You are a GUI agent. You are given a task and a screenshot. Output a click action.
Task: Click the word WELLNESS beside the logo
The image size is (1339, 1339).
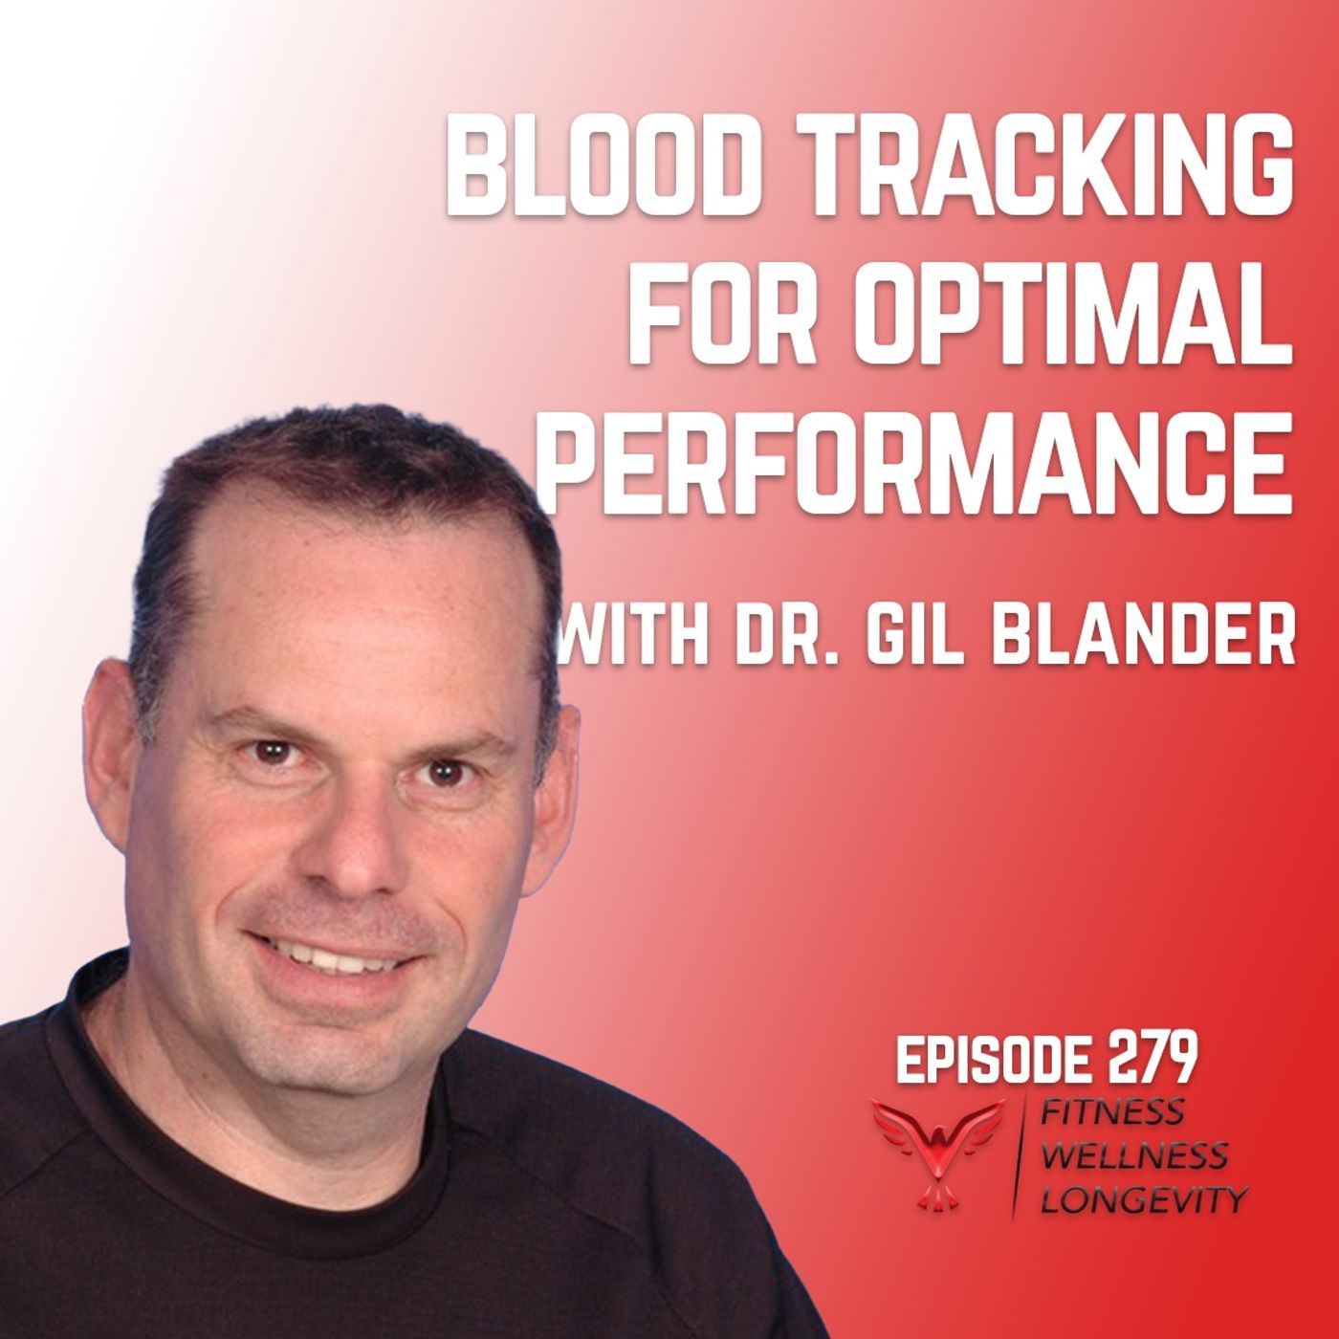pos(1134,1155)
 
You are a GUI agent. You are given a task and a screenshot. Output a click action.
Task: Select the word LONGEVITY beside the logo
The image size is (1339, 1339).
pos(1144,1197)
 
